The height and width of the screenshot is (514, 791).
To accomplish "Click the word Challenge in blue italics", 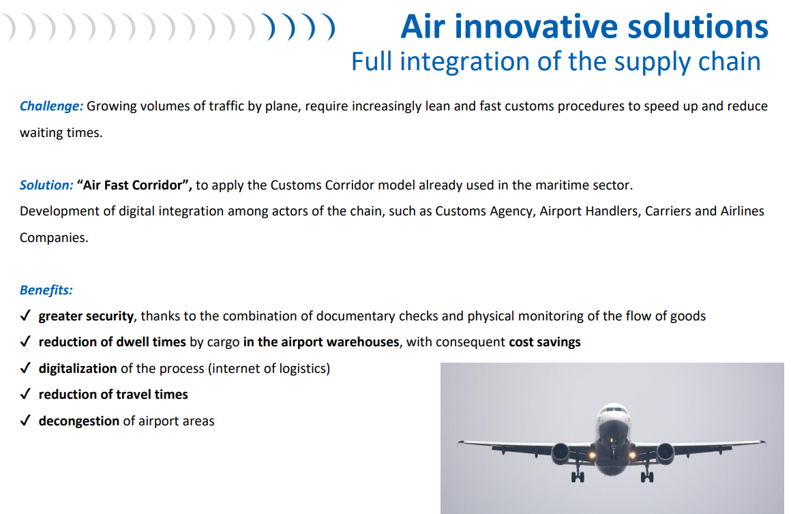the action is pyautogui.click(x=51, y=106).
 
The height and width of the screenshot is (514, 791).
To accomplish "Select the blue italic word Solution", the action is pyautogui.click(x=46, y=185).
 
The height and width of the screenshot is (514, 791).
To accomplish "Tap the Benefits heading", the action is pyautogui.click(x=46, y=290).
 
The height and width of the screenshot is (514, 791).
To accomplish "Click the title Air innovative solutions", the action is pyautogui.click(x=584, y=26).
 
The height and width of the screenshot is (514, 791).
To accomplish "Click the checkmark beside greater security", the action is pyautogui.click(x=25, y=316).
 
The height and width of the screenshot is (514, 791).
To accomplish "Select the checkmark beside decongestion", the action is pyautogui.click(x=25, y=421).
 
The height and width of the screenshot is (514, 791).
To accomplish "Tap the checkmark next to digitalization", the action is pyautogui.click(x=25, y=368).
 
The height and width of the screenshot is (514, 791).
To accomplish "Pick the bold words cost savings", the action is pyautogui.click(x=545, y=342).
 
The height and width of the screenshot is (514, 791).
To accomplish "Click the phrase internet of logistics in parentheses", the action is pyautogui.click(x=269, y=369).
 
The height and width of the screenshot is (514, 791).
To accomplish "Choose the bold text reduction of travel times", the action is pyautogui.click(x=113, y=395).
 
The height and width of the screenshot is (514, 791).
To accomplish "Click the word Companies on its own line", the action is pyautogui.click(x=54, y=238).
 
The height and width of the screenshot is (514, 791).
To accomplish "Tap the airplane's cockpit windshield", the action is pyautogui.click(x=614, y=409).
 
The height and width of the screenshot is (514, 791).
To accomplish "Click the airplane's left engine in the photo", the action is pyautogui.click(x=561, y=453).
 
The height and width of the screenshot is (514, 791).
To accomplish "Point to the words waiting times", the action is pyautogui.click(x=61, y=133).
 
